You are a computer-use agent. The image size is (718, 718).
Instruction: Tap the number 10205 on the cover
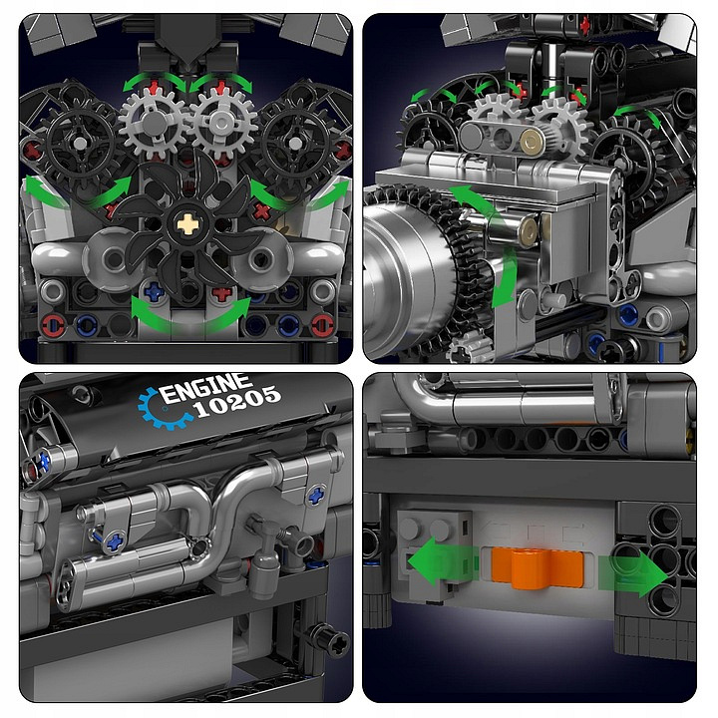[x=236, y=402]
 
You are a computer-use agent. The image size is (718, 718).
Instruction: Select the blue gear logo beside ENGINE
[x=162, y=409]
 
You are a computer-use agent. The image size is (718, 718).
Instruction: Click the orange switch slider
[x=538, y=566]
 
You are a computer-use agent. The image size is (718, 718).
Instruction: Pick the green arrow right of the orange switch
[x=634, y=574]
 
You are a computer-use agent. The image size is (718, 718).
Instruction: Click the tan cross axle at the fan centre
[x=187, y=224]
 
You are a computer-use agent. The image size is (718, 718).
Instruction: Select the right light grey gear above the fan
[x=223, y=123]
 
